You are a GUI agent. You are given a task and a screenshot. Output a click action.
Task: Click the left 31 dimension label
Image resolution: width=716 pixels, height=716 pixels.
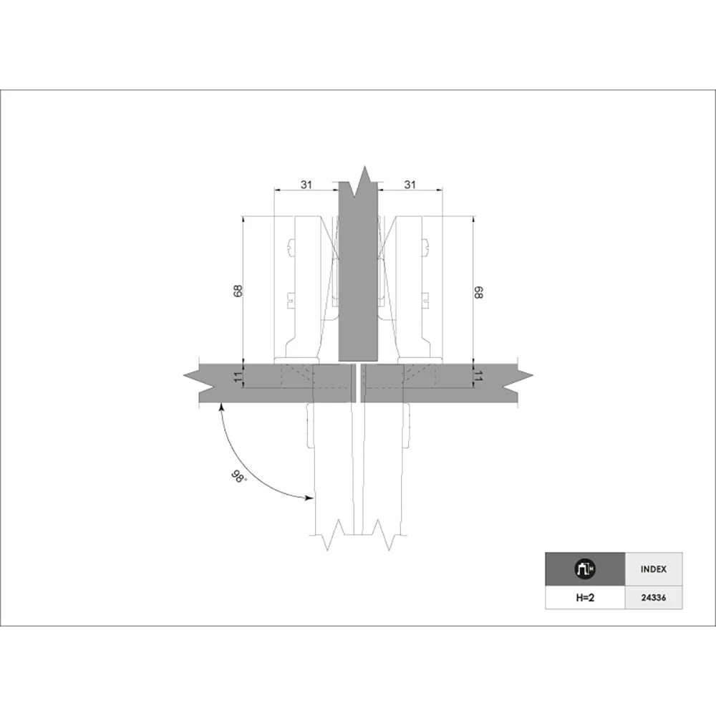(x=306, y=185)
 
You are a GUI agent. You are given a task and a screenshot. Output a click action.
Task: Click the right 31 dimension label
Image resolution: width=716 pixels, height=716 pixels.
(x=410, y=185)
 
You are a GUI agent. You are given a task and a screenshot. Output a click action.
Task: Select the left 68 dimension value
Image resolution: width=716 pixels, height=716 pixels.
(x=238, y=291)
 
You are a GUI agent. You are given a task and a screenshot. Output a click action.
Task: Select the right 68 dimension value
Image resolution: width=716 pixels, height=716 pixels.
(x=478, y=292)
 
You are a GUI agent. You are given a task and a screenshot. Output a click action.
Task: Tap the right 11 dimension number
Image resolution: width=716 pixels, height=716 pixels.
(x=478, y=377)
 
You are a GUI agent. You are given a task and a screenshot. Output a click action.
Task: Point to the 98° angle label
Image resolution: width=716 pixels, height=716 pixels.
(x=238, y=477)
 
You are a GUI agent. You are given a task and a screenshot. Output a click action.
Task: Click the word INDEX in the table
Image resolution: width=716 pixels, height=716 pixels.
(x=654, y=569)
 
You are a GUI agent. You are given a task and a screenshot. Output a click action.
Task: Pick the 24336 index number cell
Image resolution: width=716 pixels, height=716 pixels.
(x=654, y=597)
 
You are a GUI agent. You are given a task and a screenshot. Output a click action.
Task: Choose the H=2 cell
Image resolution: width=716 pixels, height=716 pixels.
(x=585, y=597)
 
